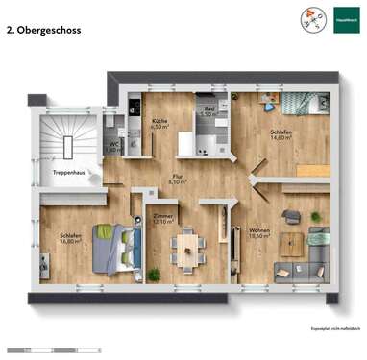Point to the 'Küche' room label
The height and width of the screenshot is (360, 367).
159,121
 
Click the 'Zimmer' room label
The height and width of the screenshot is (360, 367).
163,217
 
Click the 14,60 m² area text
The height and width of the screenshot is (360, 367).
281,139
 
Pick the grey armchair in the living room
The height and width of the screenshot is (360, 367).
291,217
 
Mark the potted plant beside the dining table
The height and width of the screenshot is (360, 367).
154,275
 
